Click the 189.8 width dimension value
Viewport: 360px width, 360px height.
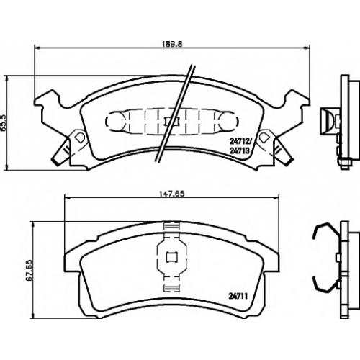point(172,44)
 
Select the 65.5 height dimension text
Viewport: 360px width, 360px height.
point(4,122)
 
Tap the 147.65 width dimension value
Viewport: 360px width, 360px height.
point(172,194)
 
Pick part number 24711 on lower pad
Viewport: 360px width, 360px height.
point(238,297)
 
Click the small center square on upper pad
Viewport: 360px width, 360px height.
point(171,122)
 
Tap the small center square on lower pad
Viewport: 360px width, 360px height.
point(172,257)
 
